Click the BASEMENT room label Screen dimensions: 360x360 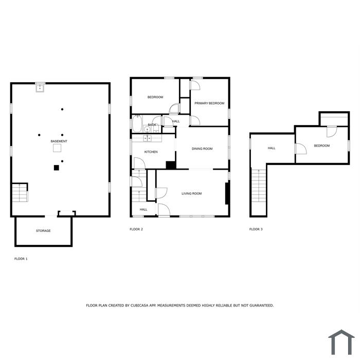pyautogui.click(x=59, y=141)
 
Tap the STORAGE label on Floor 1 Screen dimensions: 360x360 pyautogui.click(x=43, y=231)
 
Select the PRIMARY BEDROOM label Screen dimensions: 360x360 pyautogui.click(x=209, y=103)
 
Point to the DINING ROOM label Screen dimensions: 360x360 pyautogui.click(x=202, y=149)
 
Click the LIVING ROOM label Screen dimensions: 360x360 pyautogui.click(x=191, y=193)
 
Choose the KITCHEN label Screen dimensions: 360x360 pyautogui.click(x=151, y=152)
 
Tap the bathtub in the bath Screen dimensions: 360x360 pyautogui.click(x=137, y=123)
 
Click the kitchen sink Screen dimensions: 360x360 pyautogui.click(x=147, y=138)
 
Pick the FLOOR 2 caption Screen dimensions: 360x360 pyautogui.click(x=136, y=229)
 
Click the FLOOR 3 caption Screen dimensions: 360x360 pyautogui.click(x=256, y=229)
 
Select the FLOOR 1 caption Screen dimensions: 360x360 pyautogui.click(x=21, y=259)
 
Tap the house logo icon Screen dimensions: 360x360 pyautogui.click(x=341, y=343)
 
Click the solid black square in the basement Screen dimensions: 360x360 pyautogui.click(x=57, y=168)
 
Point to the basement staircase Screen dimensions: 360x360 pyautogui.click(x=20, y=193)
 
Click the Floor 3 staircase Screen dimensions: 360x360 pyautogui.click(x=259, y=185)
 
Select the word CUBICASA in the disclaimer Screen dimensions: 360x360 pyautogui.click(x=139, y=305)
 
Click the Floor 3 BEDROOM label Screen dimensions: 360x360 pyautogui.click(x=321, y=146)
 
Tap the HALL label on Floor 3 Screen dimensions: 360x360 pyautogui.click(x=272, y=148)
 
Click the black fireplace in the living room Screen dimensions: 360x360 pyautogui.click(x=227, y=193)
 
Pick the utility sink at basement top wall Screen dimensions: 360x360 pyautogui.click(x=40, y=87)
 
